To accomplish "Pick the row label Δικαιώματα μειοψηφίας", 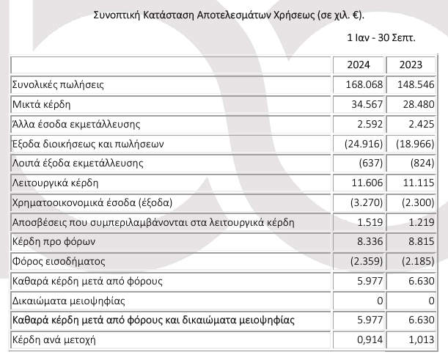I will tap(69, 300).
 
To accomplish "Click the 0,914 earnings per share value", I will tap(367, 339).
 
